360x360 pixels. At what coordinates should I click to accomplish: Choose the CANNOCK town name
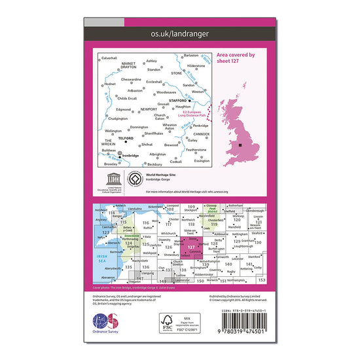click(x=202, y=137)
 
